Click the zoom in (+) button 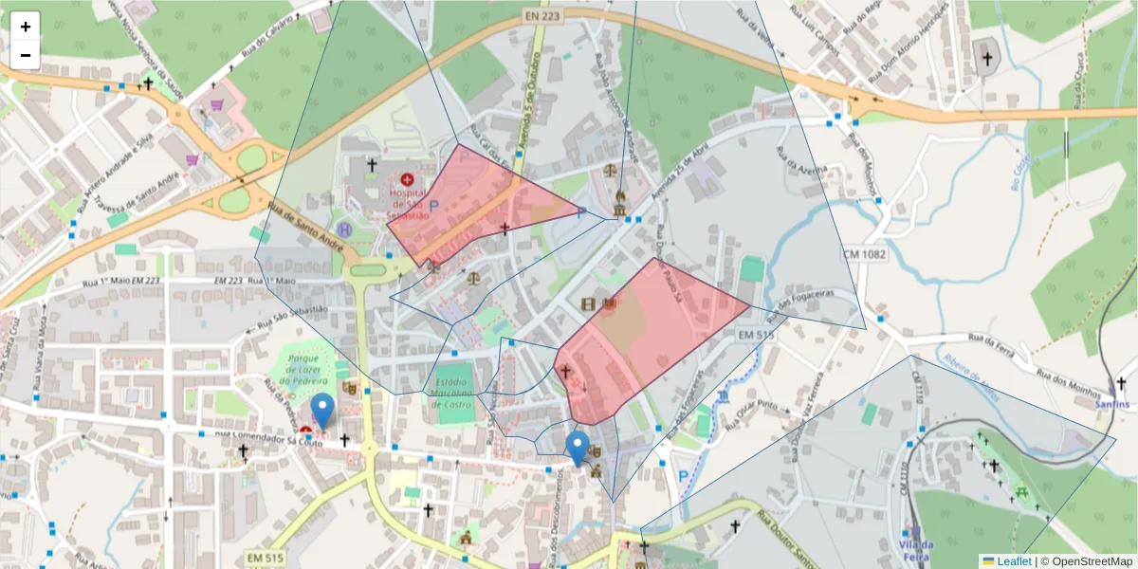[25, 27]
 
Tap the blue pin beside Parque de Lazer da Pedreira [322, 411]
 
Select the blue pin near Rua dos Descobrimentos [576, 448]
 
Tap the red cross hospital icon [408, 178]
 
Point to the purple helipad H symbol [344, 229]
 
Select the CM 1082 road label [863, 255]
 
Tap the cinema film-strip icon [588, 304]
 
